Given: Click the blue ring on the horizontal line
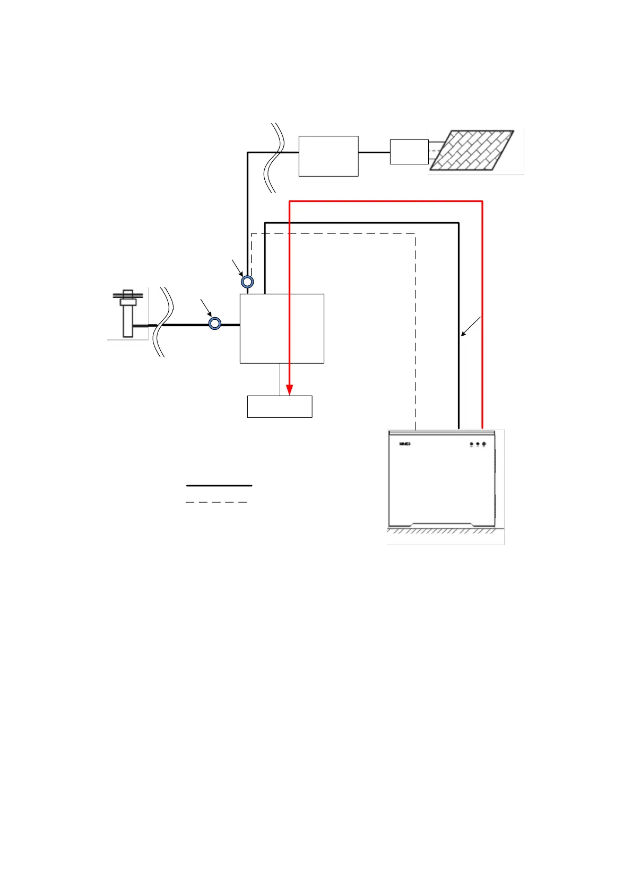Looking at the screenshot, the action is (214, 323).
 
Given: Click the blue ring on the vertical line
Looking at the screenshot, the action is (247, 282).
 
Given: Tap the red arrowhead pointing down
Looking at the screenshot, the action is (290, 390).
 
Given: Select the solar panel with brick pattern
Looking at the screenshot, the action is (472, 150).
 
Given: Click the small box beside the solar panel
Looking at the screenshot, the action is (409, 152).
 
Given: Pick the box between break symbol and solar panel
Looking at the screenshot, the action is (328, 156).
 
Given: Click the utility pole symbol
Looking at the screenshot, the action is (128, 313).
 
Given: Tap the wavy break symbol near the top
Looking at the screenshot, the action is (274, 157).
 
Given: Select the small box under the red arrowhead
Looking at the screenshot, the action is (280, 407).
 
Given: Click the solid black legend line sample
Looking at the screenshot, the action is (219, 485).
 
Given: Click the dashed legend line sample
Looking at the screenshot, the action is (217, 502).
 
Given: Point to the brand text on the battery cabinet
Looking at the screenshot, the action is (405, 444).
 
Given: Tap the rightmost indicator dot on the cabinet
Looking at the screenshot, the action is (484, 444).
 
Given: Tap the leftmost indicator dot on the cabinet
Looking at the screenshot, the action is (471, 444).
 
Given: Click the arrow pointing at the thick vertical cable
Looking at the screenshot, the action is (471, 326).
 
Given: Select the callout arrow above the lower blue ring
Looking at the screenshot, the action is (206, 307).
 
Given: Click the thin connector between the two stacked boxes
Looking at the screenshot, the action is (280, 379).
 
